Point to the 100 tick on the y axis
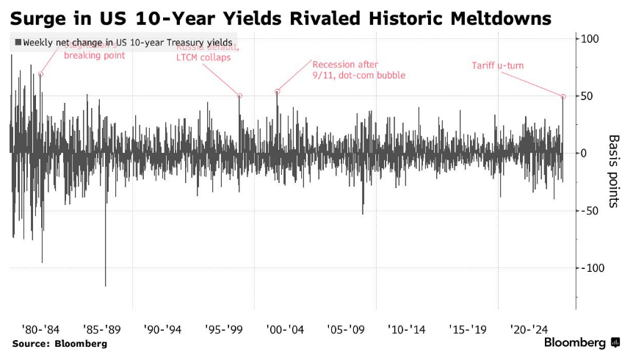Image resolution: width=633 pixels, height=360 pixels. coord(590,38)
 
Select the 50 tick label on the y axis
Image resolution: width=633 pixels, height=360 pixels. coord(587,96)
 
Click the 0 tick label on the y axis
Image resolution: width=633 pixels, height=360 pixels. coord(585,153)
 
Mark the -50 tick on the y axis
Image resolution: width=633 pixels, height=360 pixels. coord(589,210)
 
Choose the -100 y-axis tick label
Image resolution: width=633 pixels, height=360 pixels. coord(592,267)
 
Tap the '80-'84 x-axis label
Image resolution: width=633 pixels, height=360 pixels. coord(36,329)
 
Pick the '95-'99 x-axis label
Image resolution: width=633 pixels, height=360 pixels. coord(218,329)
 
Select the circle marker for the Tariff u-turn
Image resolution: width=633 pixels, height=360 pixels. coord(563,96)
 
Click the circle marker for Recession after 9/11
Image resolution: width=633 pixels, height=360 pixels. coord(277,92)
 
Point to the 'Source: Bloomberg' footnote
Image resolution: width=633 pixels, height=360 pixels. coord(59,344)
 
